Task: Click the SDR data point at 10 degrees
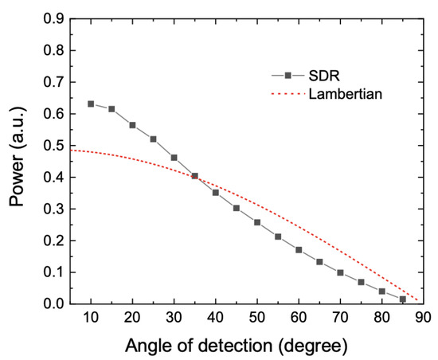(x=91, y=104)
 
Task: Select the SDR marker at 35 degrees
(x=195, y=176)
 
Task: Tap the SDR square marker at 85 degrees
(x=402, y=299)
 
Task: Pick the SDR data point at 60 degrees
(x=299, y=249)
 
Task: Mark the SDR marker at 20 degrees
(x=132, y=125)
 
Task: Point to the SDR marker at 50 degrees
(x=257, y=222)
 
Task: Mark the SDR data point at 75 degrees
(x=361, y=282)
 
